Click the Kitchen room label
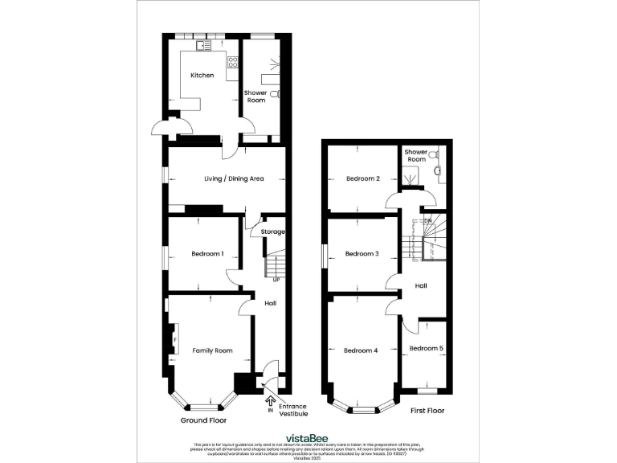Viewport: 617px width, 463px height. click(x=202, y=75)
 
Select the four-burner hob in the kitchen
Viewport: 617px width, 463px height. click(x=233, y=63)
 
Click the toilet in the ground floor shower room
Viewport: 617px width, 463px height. click(x=276, y=95)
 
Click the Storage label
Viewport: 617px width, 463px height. click(x=273, y=231)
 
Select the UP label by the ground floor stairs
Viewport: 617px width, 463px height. click(x=276, y=280)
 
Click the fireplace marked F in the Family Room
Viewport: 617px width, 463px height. click(x=174, y=338)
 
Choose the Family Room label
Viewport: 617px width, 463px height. click(x=212, y=350)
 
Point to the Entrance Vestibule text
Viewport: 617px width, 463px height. click(x=293, y=411)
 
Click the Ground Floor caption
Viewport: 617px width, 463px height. click(x=203, y=420)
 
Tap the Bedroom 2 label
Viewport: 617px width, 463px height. click(x=362, y=178)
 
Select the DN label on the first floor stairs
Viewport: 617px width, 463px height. click(x=428, y=220)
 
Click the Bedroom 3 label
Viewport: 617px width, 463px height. click(x=362, y=254)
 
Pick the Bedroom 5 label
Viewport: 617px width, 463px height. click(x=426, y=348)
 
